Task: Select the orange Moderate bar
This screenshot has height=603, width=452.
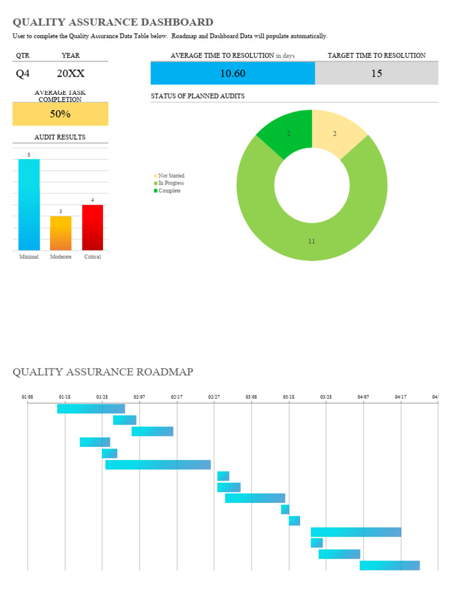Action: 61,233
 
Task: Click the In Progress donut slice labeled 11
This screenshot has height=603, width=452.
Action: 312,236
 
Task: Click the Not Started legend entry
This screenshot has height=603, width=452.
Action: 171,176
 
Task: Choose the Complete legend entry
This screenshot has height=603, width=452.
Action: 169,191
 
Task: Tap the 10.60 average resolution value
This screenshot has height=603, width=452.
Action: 232,74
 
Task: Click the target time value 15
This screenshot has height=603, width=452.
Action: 377,74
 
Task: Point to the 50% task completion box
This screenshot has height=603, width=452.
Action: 60,114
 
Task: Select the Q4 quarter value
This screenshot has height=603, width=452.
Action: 22,74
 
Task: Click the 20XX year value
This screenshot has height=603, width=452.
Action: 71,74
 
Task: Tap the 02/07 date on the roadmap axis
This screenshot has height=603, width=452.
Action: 139,397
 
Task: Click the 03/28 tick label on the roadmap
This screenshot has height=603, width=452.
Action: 326,397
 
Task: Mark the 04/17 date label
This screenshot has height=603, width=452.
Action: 401,397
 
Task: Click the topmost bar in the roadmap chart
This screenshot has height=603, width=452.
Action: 91,409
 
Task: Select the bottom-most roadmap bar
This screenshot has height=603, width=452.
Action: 390,565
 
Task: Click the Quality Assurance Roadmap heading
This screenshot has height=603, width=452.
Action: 103,372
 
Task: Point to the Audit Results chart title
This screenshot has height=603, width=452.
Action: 60,137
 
